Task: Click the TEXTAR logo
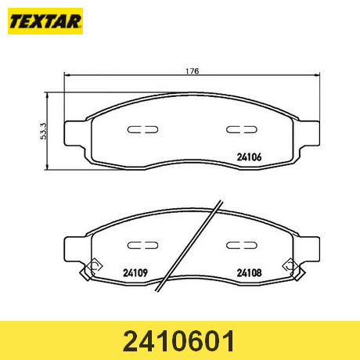tap(45, 21)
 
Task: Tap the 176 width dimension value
tap(193, 71)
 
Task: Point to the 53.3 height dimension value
tap(44, 131)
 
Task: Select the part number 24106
tap(249, 157)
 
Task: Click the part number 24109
tap(135, 273)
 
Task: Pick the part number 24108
tap(249, 273)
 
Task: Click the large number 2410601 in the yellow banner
tap(178, 341)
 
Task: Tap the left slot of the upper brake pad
tap(142, 129)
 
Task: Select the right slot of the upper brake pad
tap(242, 129)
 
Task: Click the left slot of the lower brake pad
tap(142, 245)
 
